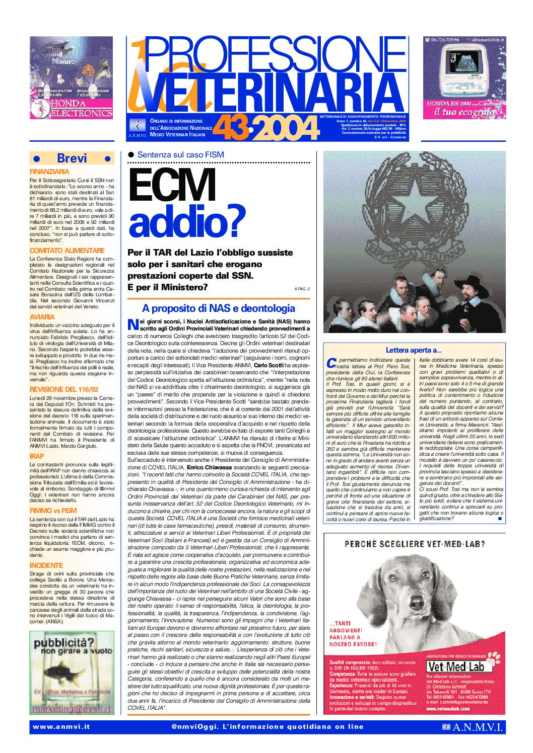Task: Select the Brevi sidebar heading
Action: coord(72,158)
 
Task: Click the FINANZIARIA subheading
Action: coord(49,172)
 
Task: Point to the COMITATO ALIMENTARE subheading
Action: coord(67,250)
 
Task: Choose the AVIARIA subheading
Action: coord(42,317)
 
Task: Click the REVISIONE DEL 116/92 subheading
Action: coord(64,389)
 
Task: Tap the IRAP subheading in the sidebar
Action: coord(37,456)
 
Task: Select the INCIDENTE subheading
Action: coord(46,565)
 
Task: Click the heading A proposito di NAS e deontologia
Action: coord(218,308)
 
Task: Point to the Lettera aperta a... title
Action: coord(413,350)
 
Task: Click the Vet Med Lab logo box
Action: coord(455,667)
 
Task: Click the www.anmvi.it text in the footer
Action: coord(61,726)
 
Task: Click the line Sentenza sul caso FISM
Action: coord(180,155)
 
